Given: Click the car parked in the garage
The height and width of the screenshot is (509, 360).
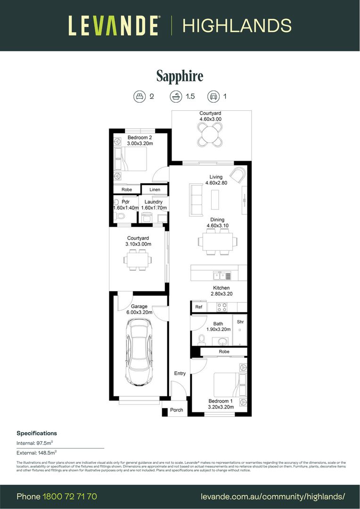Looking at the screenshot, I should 139,351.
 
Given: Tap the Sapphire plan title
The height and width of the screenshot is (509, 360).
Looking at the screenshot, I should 180,76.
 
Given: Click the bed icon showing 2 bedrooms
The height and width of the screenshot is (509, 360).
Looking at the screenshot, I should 139,97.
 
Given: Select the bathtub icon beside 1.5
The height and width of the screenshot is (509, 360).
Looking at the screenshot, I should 175,97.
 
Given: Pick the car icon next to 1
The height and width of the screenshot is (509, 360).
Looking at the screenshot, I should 213,97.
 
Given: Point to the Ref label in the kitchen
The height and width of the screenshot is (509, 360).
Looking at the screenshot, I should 198,307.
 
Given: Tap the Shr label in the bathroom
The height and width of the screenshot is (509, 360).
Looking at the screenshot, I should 240,322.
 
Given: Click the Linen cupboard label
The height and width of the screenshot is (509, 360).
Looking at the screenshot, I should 155,189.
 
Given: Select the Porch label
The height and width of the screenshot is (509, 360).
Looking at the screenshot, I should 176,410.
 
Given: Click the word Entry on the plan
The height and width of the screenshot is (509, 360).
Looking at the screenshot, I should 180,373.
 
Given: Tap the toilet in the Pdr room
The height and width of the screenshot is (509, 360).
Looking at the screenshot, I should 120,216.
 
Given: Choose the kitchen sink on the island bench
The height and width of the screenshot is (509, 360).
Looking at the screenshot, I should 221,276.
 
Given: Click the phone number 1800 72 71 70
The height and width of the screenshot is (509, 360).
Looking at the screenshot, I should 70,496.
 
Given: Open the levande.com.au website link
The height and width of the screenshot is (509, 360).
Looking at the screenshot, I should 273,496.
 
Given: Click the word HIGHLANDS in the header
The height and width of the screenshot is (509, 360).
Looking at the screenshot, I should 237,25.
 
